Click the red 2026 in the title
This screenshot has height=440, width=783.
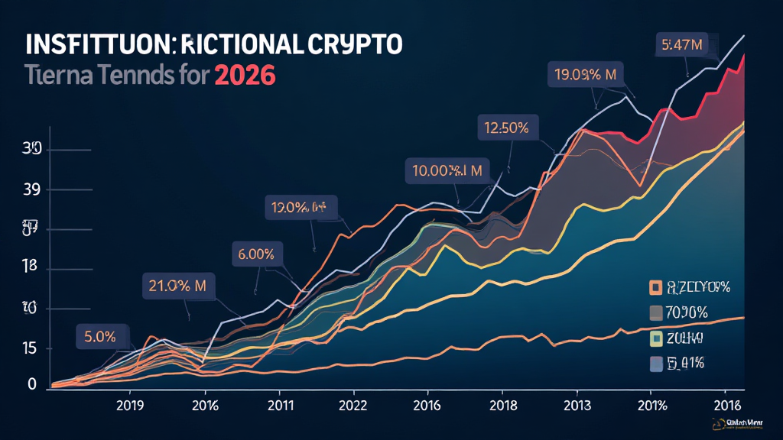tap(244, 77)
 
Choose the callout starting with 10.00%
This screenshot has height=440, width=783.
tap(447, 171)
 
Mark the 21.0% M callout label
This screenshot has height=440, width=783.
tap(179, 286)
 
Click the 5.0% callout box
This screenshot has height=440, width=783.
tap(100, 335)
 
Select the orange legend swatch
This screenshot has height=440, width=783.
tap(655, 287)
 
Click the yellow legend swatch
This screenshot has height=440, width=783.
tap(655, 338)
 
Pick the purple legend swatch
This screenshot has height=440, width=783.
tap(655, 364)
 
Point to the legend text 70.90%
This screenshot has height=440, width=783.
tap(689, 312)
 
